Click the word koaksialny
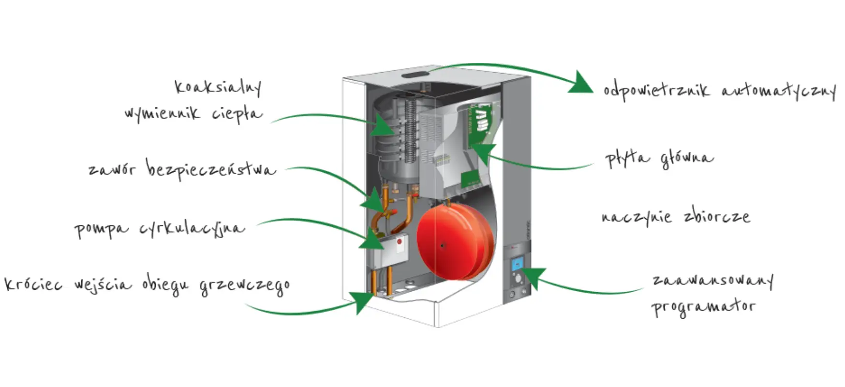(218, 87)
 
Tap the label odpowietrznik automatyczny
(719, 91)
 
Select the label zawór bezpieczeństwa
(182, 169)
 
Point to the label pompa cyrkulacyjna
(160, 228)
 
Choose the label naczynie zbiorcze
(676, 217)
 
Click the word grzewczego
(245, 285)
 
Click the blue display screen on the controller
(518, 264)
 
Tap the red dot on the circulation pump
(400, 241)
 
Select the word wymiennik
(162, 113)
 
